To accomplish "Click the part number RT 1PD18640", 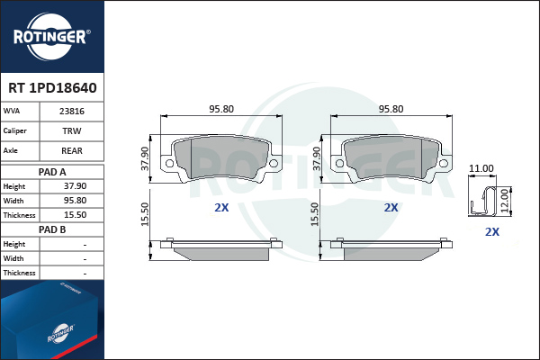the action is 52,88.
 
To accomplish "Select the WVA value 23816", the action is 72,112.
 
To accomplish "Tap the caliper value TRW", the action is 72,130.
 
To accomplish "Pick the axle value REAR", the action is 72,150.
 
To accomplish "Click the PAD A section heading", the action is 52,172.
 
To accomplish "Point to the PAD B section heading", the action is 52,229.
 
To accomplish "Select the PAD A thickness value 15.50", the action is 75,215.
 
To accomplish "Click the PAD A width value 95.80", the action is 75,201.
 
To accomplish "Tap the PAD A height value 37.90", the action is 75,186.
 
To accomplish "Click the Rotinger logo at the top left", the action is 52,36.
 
